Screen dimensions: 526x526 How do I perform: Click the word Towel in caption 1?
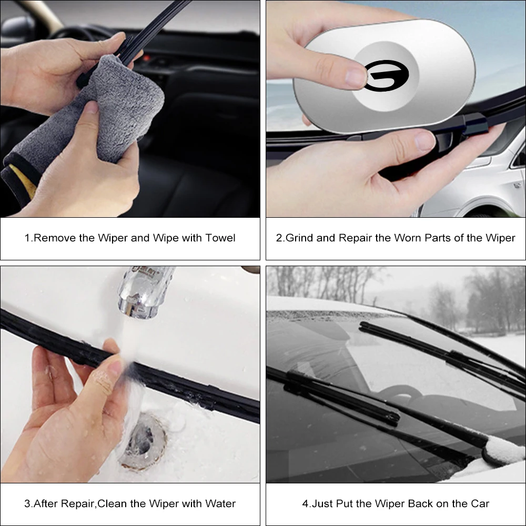(x=221, y=238)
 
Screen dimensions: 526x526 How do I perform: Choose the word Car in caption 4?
(x=480, y=504)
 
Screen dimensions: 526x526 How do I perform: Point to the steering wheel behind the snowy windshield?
(x=400, y=392)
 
